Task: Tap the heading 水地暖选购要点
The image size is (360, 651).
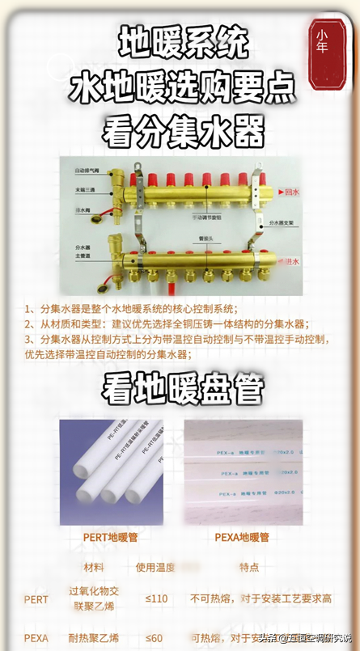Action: coord(181,85)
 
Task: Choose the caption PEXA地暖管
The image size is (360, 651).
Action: coord(242,536)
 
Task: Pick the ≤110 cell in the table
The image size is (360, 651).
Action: coord(155,599)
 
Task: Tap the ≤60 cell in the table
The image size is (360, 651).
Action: coord(154,637)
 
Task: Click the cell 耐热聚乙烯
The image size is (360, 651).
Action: coord(93,637)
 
